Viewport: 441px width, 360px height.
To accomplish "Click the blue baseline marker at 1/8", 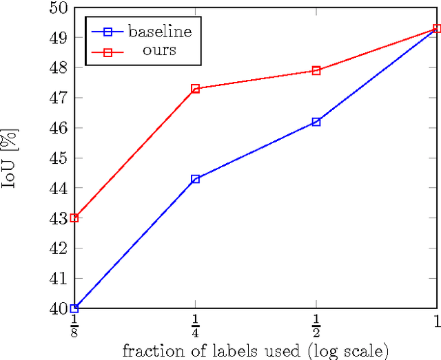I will pyautogui.click(x=74, y=308).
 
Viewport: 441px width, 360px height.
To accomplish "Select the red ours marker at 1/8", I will pyautogui.click(x=74, y=218).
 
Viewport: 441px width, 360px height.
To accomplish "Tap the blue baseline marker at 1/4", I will pyautogui.click(x=196, y=179).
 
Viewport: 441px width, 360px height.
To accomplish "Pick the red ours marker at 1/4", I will pyautogui.click(x=196, y=89).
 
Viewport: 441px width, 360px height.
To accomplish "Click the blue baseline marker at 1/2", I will pyautogui.click(x=316, y=122).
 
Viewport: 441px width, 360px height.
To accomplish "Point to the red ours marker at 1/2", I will pyautogui.click(x=316, y=70).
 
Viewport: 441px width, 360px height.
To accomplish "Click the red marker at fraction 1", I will pyautogui.click(x=437, y=29).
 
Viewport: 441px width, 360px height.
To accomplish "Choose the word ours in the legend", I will pyautogui.click(x=160, y=50).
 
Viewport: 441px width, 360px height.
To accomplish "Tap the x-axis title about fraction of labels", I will pyautogui.click(x=256, y=351).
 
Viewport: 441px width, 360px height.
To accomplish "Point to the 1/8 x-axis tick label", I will pyautogui.click(x=74, y=326).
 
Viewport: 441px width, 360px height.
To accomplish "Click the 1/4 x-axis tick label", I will pyautogui.click(x=196, y=326).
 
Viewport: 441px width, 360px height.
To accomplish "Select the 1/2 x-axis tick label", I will pyautogui.click(x=316, y=326).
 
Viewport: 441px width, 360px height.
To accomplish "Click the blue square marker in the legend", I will pyautogui.click(x=106, y=31).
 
